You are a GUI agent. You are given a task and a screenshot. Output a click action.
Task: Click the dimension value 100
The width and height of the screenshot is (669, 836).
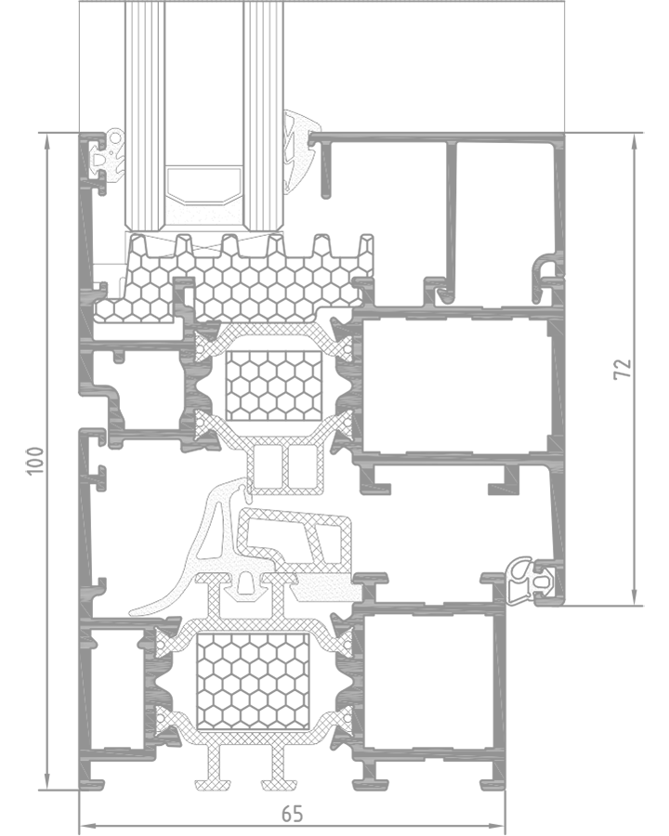34,461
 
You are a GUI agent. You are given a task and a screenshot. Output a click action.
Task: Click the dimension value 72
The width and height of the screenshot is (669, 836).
622,369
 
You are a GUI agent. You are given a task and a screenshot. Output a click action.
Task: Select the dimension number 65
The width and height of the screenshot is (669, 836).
292,814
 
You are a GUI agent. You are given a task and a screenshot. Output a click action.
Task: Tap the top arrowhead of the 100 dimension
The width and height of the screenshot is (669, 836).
47,140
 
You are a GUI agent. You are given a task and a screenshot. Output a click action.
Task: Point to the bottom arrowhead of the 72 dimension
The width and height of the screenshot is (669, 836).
634,598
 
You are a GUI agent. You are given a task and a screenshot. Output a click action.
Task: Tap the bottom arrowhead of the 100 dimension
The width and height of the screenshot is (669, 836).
47,783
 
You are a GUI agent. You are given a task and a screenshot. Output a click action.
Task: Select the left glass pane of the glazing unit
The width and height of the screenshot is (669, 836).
145,114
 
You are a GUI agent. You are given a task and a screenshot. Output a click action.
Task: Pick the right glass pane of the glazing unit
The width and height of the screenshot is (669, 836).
264,114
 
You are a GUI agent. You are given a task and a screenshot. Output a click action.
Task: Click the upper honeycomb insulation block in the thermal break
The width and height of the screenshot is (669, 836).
274,385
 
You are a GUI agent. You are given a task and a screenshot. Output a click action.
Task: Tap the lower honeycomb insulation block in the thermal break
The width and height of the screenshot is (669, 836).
253,681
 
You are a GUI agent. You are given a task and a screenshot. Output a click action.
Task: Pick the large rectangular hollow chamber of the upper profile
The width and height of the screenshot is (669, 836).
456,386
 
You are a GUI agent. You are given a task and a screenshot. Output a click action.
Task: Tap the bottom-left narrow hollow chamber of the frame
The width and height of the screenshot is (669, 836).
117,687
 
